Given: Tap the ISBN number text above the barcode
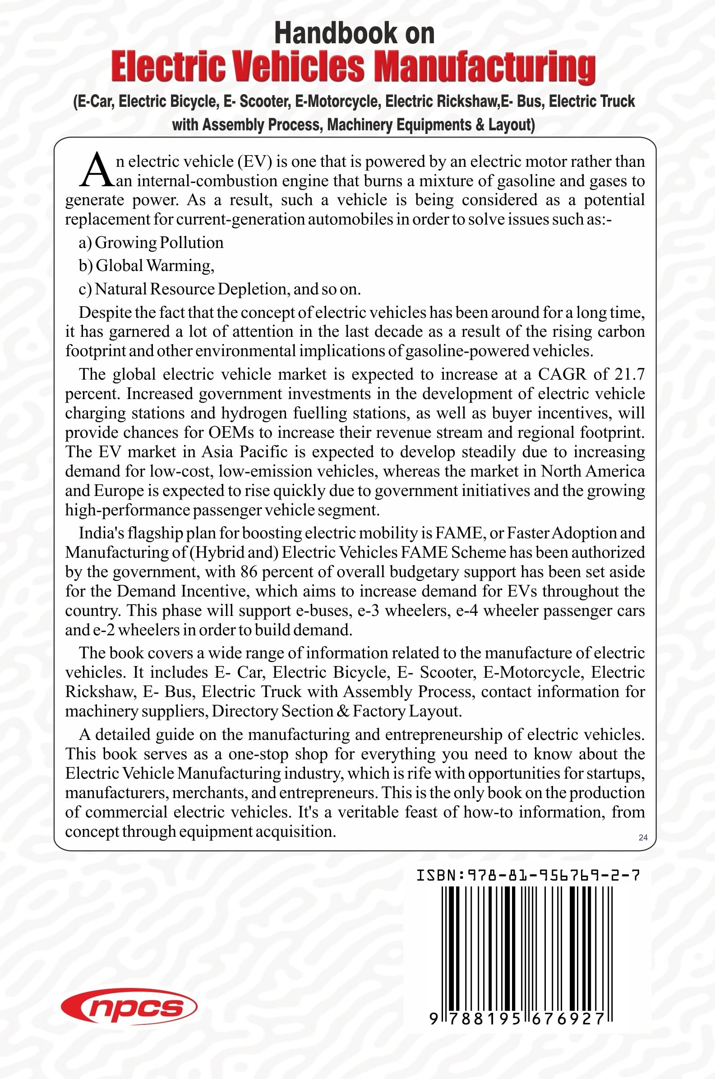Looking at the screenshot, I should (528, 875).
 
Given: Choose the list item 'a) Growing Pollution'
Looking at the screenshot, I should (151, 243).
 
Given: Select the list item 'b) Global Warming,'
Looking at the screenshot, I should (146, 266).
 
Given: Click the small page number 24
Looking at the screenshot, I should (643, 837).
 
